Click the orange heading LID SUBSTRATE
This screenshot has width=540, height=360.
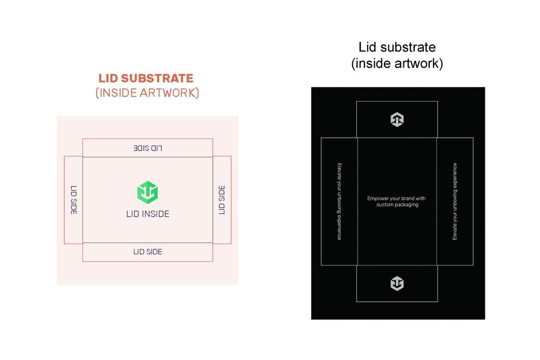click(146, 79)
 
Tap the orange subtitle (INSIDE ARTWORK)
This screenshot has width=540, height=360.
click(147, 93)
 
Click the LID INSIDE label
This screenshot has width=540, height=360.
click(147, 214)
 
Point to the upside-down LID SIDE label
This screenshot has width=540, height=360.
click(147, 148)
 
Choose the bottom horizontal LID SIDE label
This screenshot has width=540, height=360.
click(147, 252)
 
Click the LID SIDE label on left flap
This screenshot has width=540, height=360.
click(73, 200)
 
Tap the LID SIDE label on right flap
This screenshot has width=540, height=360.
click(221, 200)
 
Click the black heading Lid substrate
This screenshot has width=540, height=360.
click(397, 47)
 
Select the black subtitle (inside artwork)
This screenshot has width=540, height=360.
click(397, 64)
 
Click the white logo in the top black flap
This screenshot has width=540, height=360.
click(397, 120)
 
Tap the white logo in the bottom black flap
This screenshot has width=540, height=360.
click(397, 283)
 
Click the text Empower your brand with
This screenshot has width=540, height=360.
click(396, 199)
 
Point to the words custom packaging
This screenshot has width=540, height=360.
click(397, 205)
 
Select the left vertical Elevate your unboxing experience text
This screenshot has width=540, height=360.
click(339, 201)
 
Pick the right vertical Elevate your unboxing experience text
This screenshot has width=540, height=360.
click(455, 201)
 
